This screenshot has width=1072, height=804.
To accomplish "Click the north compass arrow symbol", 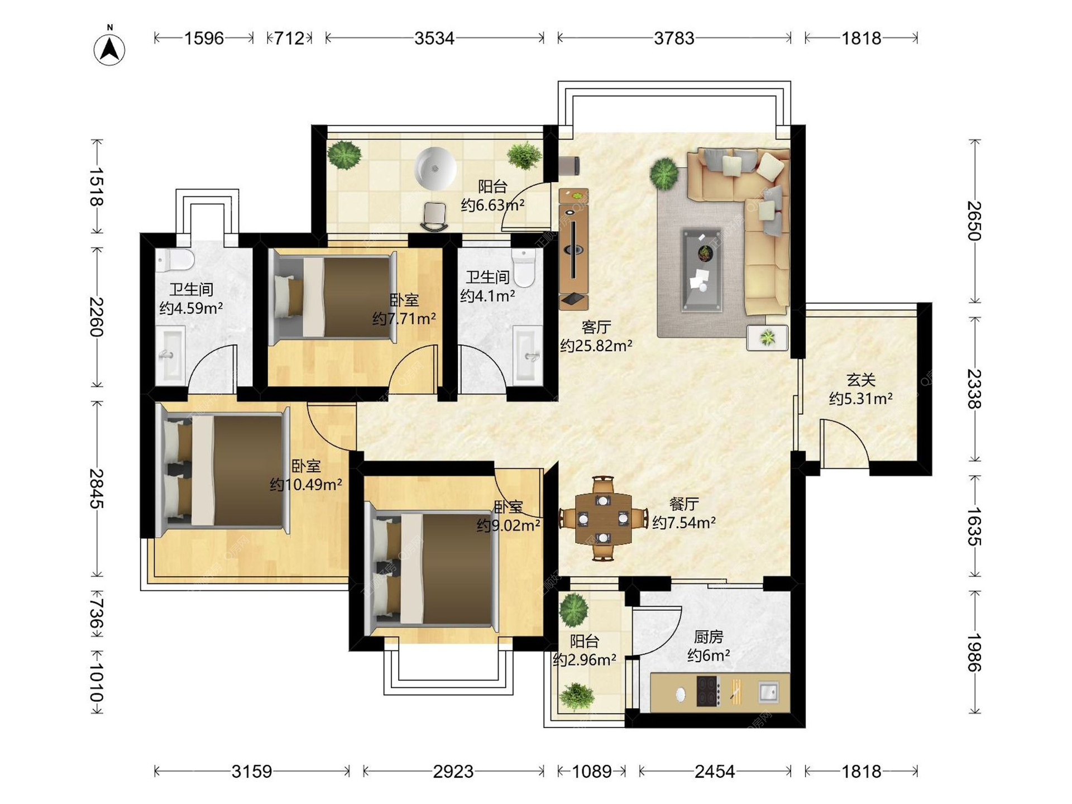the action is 109,49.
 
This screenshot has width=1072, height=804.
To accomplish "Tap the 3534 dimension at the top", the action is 434,38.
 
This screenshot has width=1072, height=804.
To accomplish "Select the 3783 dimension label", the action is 674,38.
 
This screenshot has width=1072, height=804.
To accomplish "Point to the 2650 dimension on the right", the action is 974,221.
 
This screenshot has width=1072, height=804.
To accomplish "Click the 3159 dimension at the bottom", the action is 252,771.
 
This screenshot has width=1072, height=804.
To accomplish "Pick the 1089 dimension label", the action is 592,771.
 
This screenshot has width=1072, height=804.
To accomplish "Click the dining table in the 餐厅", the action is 604,519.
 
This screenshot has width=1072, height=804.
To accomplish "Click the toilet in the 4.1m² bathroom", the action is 524,267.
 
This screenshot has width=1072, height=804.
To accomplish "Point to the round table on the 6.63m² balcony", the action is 434,169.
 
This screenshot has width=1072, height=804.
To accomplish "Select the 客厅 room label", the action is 596,327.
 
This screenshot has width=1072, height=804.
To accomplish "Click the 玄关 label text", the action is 860,380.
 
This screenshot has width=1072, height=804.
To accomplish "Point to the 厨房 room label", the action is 709,636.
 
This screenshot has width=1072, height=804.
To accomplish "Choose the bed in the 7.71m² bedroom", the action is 333,296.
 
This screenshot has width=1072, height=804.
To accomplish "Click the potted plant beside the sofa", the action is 664,174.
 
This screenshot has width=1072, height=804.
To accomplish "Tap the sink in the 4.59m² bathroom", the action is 170,355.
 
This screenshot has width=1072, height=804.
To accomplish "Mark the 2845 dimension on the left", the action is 97,489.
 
